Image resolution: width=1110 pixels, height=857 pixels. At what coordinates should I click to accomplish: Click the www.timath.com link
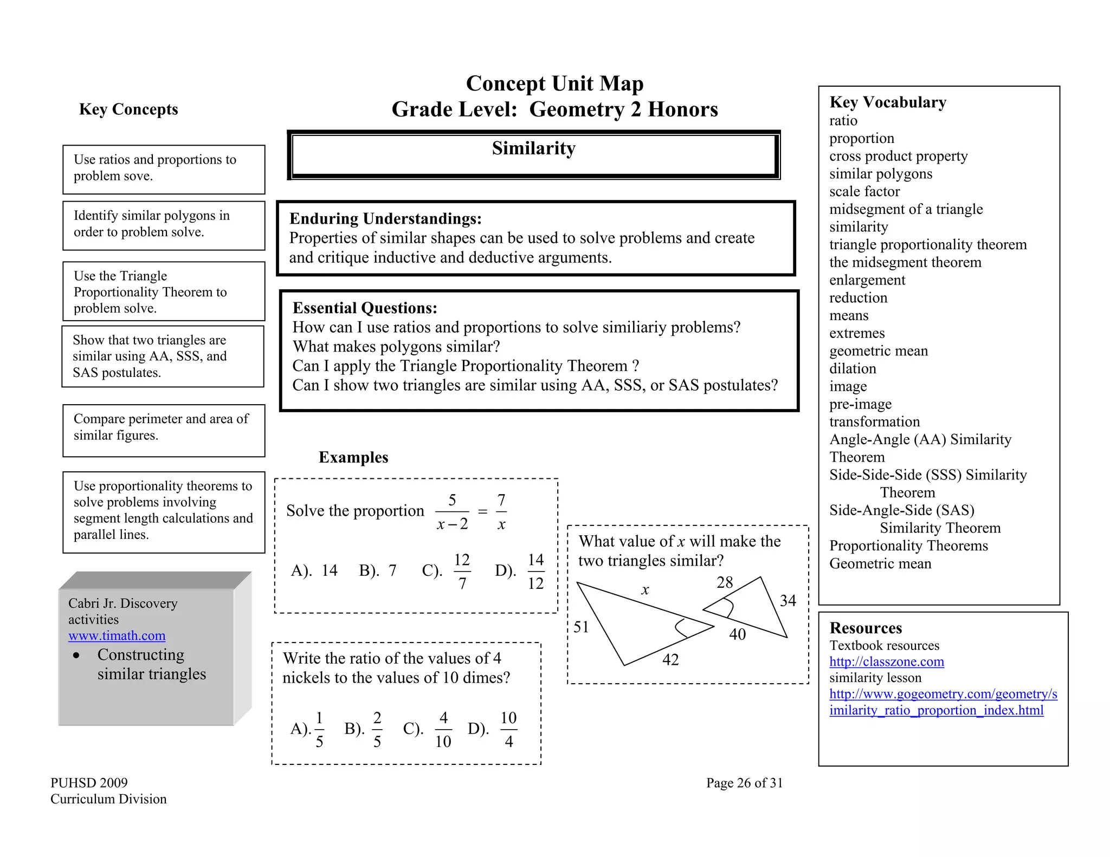(x=117, y=635)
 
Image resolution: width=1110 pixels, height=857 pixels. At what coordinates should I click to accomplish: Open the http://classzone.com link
(x=886, y=661)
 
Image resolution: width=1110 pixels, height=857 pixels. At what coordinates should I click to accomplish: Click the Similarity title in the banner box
(x=533, y=148)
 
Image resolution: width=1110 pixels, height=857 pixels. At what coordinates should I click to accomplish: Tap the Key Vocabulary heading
(x=887, y=102)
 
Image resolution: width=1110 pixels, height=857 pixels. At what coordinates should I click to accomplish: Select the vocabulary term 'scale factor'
(x=864, y=192)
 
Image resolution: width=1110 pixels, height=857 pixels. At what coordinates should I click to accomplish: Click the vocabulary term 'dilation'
(x=852, y=369)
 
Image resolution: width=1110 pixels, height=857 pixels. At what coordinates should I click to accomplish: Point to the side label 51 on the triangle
(x=581, y=627)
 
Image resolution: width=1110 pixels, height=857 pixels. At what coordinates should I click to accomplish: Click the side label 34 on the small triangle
(x=788, y=601)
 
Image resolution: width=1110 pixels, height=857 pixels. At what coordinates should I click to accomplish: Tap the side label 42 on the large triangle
(x=670, y=660)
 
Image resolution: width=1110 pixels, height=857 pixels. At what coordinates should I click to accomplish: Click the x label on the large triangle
(x=645, y=590)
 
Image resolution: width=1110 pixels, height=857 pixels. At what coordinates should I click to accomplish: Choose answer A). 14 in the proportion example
(x=314, y=570)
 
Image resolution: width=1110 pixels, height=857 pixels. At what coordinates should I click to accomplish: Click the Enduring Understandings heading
(x=385, y=219)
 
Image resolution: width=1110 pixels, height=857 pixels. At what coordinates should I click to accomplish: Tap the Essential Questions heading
(x=365, y=308)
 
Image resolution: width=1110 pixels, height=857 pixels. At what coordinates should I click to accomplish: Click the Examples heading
(x=353, y=457)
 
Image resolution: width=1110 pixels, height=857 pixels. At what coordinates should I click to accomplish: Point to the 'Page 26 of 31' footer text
(x=744, y=783)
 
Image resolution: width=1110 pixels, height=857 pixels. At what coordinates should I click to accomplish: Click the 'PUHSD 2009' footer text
(x=89, y=783)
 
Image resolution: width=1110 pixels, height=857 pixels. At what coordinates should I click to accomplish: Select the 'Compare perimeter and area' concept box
(x=164, y=430)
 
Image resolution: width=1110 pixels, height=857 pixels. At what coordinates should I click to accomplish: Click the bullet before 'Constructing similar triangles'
(x=76, y=655)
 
